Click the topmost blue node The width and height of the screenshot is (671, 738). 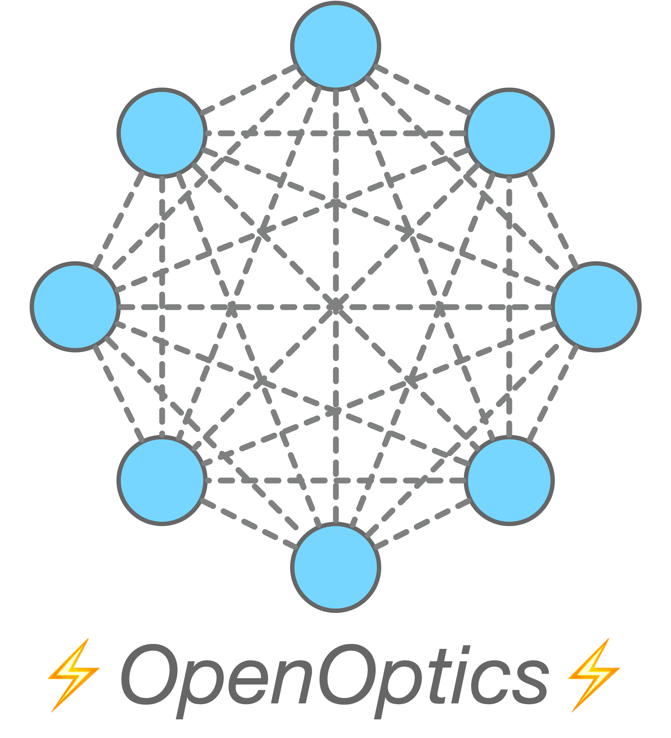pyautogui.click(x=336, y=46)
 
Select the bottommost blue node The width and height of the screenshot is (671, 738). pyautogui.click(x=336, y=567)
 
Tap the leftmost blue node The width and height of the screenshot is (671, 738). pyautogui.click(x=75, y=307)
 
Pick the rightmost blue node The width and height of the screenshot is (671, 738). pyautogui.click(x=596, y=307)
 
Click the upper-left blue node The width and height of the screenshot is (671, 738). pyautogui.click(x=162, y=133)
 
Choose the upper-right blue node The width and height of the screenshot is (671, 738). pyautogui.click(x=509, y=133)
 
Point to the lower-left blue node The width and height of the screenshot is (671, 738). pyautogui.click(x=162, y=480)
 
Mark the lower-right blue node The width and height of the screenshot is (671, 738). pyautogui.click(x=509, y=480)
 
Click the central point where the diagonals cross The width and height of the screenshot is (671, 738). pyautogui.click(x=336, y=306)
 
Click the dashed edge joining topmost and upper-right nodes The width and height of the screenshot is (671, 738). pyautogui.click(x=423, y=89)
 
